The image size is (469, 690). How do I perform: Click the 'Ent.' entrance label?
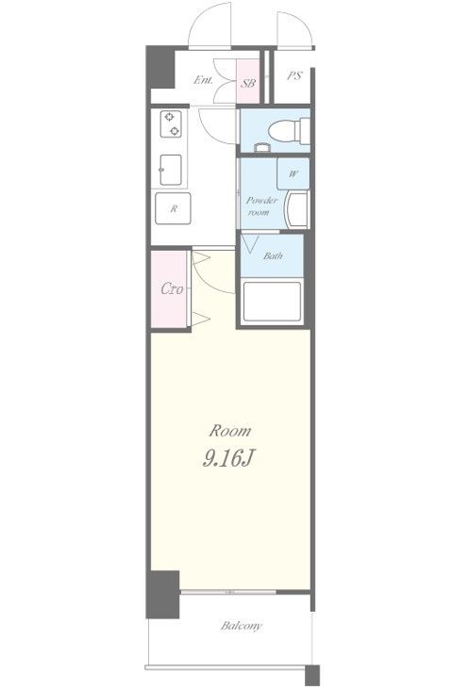[203, 80]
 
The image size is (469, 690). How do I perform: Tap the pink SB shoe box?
[247, 81]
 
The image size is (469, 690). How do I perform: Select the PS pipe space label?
[294, 76]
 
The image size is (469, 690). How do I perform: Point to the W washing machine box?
[293, 173]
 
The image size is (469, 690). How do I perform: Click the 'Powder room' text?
[261, 205]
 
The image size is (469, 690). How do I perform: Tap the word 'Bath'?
[273, 255]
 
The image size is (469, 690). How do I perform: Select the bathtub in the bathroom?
[272, 302]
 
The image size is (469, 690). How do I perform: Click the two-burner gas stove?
[171, 123]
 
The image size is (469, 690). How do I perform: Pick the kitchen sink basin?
[171, 170]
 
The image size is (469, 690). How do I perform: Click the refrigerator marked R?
[173, 208]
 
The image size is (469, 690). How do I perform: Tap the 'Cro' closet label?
[172, 288]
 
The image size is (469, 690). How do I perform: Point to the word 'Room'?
[230, 431]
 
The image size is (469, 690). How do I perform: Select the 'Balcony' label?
[241, 626]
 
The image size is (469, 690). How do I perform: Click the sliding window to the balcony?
[228, 592]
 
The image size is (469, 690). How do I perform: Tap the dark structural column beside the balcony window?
[163, 594]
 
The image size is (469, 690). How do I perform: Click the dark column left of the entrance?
[160, 67]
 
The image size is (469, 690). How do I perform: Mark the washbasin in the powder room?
[297, 210]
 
